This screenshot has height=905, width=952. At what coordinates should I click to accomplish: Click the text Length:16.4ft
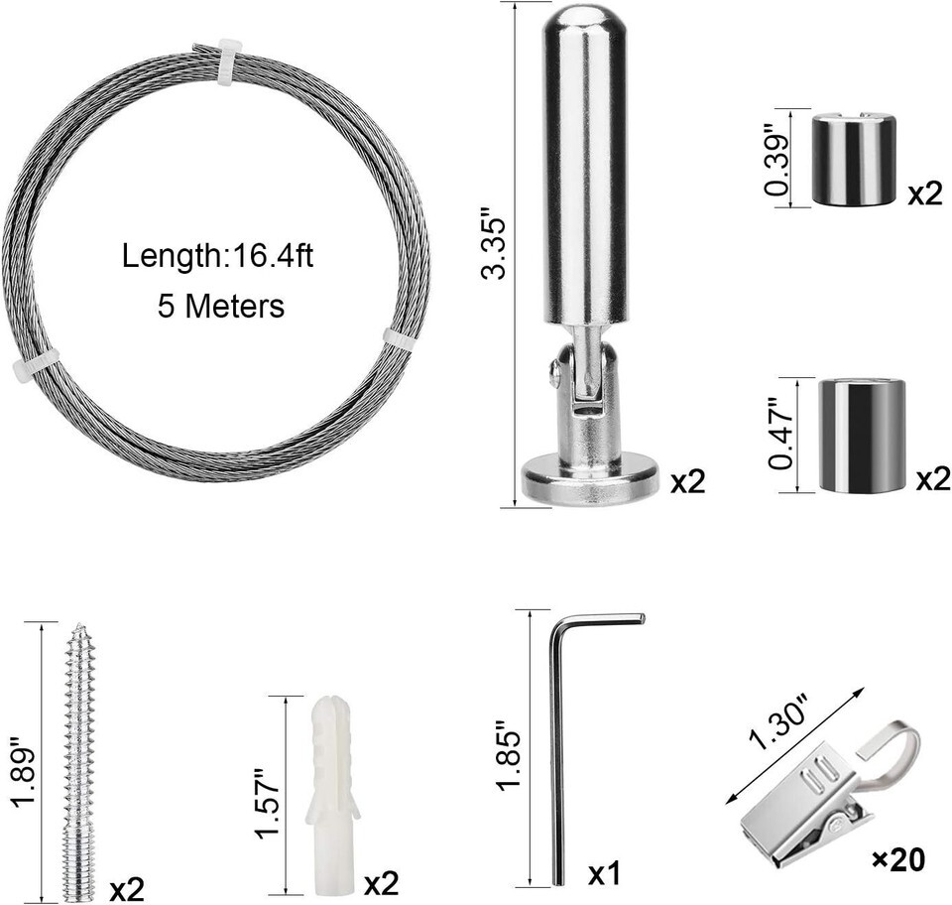pyautogui.click(x=217, y=256)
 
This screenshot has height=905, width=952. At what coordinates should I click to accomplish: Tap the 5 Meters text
pyautogui.click(x=221, y=306)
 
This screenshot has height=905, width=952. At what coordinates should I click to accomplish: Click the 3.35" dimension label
pyautogui.click(x=493, y=244)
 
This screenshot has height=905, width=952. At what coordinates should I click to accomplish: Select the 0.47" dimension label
pyautogui.click(x=780, y=434)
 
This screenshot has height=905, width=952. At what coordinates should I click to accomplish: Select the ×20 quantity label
pyautogui.click(x=898, y=859)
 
